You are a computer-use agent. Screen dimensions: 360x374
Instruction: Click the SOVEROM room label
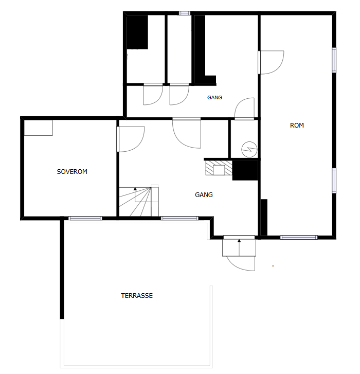coord(72,172)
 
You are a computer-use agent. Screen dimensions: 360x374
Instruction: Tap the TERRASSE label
coord(137,296)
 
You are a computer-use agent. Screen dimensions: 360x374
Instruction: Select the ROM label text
coord(297,126)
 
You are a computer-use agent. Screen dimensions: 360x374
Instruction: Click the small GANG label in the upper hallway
coord(214,98)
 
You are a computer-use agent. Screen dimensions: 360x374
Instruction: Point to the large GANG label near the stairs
coord(204,195)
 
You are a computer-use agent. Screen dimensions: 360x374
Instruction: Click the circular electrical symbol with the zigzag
coord(249,150)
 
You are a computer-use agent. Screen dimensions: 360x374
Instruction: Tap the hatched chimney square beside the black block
coord(219,168)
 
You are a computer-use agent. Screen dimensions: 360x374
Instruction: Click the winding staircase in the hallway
coord(139,202)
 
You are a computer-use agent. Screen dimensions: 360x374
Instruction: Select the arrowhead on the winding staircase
coord(135,189)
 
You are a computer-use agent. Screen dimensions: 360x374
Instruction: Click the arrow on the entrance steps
coord(239,247)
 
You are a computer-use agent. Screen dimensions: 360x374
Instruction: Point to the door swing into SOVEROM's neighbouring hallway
coord(131,139)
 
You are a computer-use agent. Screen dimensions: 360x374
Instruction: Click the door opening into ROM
coord(272,62)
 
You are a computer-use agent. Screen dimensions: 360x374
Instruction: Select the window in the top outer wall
coord(185,13)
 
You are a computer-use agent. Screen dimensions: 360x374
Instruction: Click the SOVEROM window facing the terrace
coord(85,218)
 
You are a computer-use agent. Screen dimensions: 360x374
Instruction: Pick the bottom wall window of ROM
coord(299,237)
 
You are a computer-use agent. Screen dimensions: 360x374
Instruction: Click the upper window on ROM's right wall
coord(334,60)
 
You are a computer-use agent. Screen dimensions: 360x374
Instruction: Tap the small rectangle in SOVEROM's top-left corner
coord(39,128)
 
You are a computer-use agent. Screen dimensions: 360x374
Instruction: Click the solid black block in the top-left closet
coord(137,32)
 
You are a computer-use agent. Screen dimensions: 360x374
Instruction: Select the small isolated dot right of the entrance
coord(273,266)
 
